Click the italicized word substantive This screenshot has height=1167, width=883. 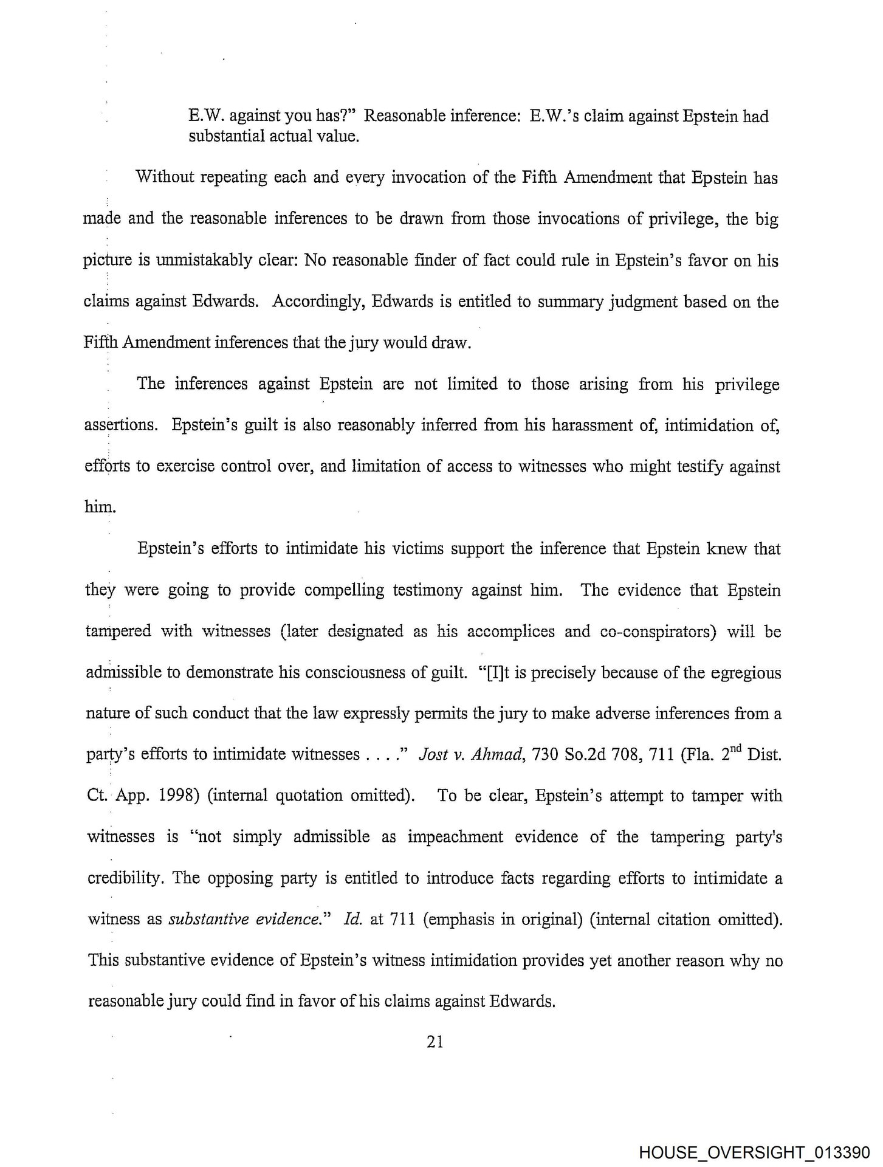pyautogui.click(x=204, y=919)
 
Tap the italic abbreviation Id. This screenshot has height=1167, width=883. pyautogui.click(x=352, y=919)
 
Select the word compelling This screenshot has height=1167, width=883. pyautogui.click(x=347, y=590)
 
